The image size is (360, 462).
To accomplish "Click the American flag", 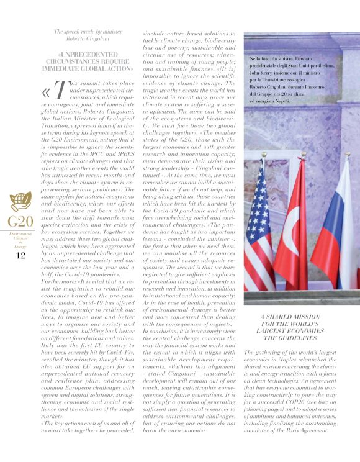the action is pos(259,230).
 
